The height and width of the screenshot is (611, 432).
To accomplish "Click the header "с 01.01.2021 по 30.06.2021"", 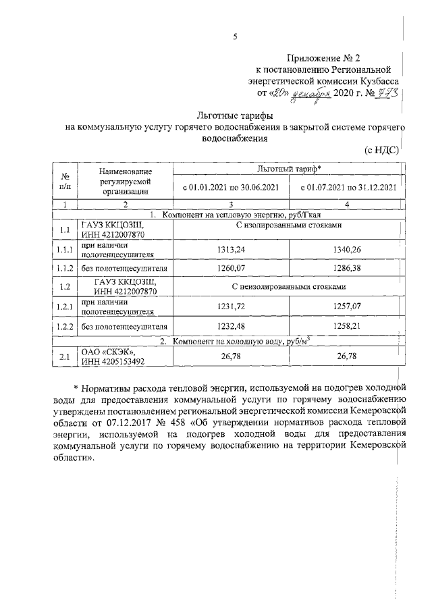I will tap(231, 187).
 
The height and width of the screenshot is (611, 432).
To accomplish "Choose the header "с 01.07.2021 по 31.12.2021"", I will tap(347, 187).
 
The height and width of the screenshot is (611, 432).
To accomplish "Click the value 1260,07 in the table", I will tap(230, 268).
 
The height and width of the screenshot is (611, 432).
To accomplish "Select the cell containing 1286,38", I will tap(347, 268).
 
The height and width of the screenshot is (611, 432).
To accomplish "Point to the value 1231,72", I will tap(230, 307).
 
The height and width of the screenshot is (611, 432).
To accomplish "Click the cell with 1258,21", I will tap(347, 326).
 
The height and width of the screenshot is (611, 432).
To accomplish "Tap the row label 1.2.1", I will tap(65, 307).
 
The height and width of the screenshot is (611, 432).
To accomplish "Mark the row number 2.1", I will tap(65, 357).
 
